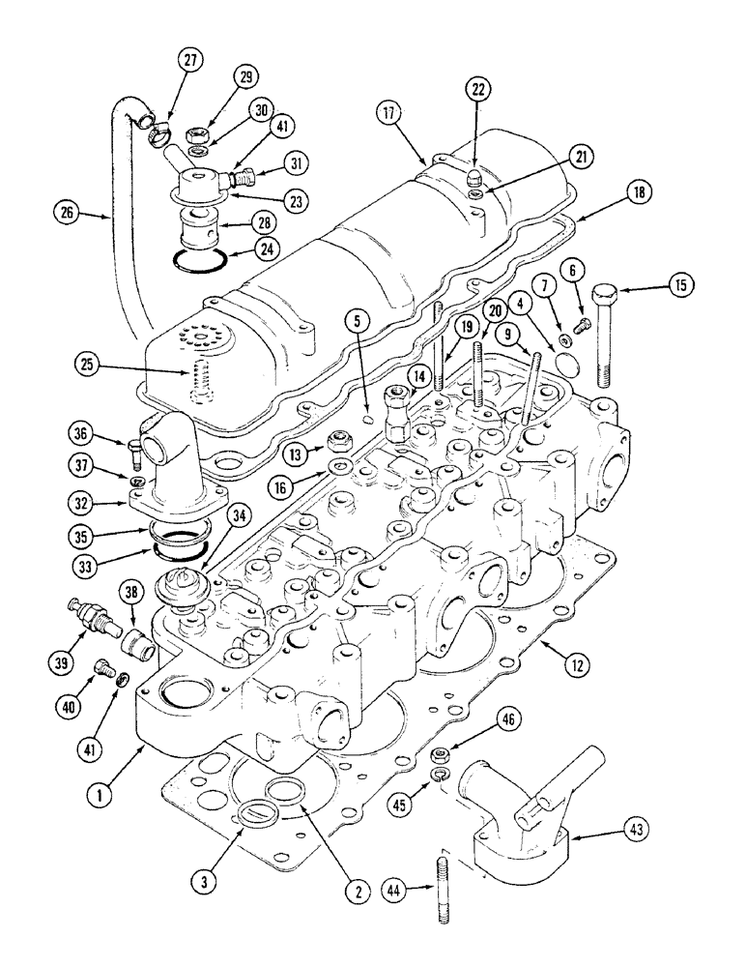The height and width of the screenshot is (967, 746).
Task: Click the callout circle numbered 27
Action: (x=190, y=60)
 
